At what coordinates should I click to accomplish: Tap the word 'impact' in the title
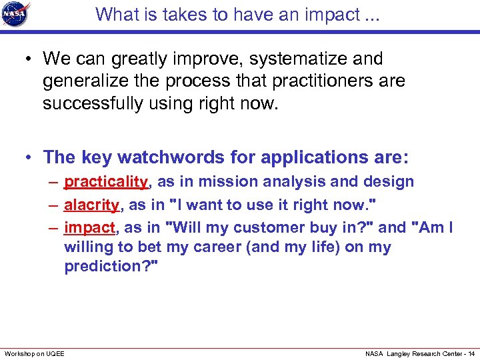click(317, 14)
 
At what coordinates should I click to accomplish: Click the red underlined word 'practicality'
click(105, 181)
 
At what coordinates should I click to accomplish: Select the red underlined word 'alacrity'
click(91, 205)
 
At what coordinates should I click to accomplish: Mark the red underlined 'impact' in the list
click(89, 227)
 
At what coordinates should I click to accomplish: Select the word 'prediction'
click(107, 267)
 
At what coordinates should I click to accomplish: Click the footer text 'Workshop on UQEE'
click(35, 353)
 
